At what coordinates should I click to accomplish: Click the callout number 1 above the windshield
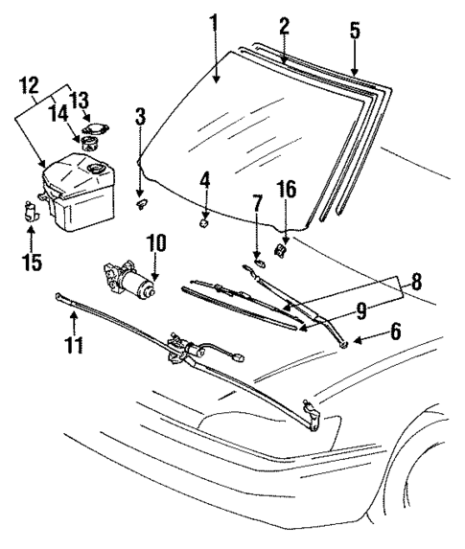214,20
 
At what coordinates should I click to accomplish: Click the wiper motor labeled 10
128,281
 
